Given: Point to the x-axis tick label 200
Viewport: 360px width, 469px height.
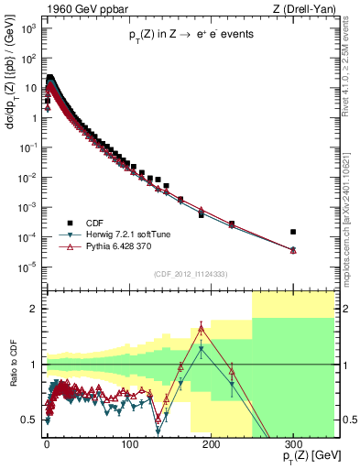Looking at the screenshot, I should tap(211, 444).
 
